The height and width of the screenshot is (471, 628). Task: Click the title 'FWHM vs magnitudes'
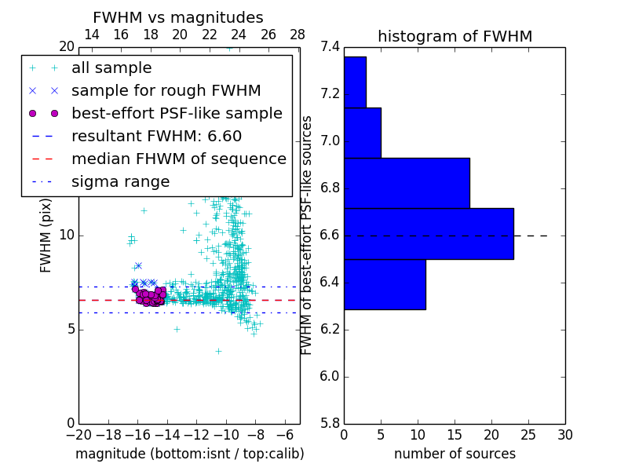178,17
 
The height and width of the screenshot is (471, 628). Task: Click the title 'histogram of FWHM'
455,36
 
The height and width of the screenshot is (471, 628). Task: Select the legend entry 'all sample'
111,68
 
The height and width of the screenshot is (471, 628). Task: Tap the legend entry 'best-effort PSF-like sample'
177,113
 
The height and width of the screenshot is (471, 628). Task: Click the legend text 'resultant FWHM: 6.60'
156,136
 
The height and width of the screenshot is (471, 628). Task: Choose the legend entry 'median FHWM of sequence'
178,159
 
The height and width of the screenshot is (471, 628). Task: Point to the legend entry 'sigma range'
120,181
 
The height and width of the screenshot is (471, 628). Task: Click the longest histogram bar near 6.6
429,233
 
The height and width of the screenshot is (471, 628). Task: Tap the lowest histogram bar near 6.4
385,284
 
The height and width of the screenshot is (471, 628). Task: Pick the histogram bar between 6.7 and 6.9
407,183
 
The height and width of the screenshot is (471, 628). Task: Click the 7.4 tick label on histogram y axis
330,47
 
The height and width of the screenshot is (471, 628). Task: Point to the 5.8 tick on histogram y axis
330,423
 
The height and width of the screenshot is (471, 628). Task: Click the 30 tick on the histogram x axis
564,434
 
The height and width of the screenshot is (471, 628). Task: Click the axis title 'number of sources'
455,454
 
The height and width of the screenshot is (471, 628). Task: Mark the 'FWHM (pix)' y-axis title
46,235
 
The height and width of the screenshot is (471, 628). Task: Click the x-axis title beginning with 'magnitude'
189,454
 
